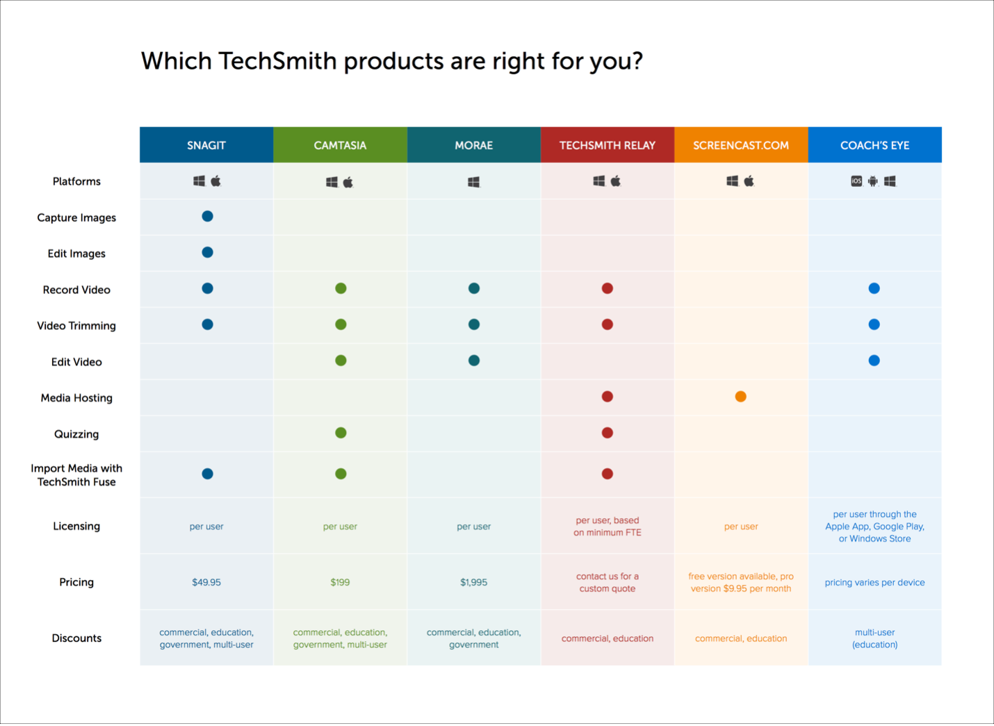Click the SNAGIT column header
point(206,145)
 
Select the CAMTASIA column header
point(340,145)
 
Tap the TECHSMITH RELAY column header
point(607,145)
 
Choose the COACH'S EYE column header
point(874,145)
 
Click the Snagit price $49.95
point(206,582)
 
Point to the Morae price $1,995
point(473,582)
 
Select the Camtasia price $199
point(340,582)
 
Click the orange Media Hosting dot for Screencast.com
point(740,397)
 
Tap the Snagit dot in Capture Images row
point(207,216)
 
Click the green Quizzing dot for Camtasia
point(341,433)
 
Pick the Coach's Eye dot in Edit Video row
point(874,361)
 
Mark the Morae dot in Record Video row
point(473,288)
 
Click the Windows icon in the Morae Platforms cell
point(473,182)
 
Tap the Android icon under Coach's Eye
point(873,181)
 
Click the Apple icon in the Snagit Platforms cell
point(216,181)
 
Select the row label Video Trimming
point(76,326)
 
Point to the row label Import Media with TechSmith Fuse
point(76,475)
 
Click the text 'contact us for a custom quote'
point(607,582)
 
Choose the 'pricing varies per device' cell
point(874,582)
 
